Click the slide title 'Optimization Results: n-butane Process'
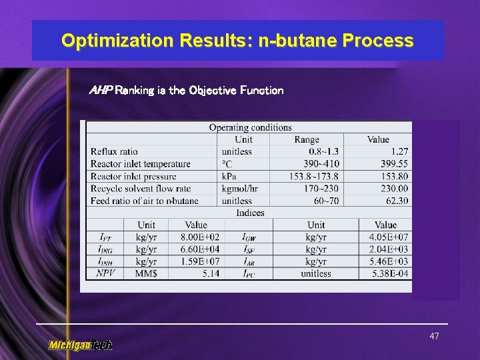(237, 41)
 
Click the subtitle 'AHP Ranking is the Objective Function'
(186, 90)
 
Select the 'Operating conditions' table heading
(250, 127)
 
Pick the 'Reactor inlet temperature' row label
(140, 164)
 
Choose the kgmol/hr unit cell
(239, 189)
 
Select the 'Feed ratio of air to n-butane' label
(144, 201)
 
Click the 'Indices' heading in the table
(250, 213)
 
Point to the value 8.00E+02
(200, 237)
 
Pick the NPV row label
(105, 273)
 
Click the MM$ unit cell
(146, 273)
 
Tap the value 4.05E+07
(389, 237)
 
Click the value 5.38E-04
(389, 273)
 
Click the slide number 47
(434, 337)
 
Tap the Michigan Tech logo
(80, 345)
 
